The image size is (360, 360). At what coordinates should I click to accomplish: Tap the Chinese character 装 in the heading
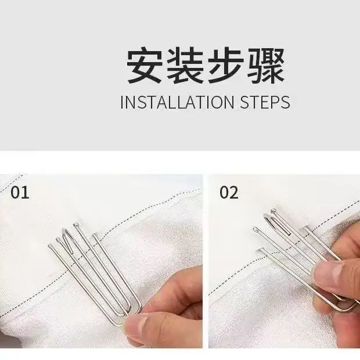click(x=185, y=65)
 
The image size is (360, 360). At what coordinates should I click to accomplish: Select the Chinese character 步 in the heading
click(x=226, y=65)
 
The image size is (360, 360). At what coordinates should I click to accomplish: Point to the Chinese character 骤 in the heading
click(x=267, y=65)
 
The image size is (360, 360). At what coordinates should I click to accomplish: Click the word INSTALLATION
click(x=177, y=102)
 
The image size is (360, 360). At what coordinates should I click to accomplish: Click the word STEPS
click(x=265, y=102)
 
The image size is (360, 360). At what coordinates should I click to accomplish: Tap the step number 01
click(x=20, y=192)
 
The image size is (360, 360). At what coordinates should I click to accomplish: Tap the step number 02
click(x=229, y=192)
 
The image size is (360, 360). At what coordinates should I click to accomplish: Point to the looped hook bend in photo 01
click(x=66, y=232)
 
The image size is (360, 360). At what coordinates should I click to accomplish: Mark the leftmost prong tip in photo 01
click(x=51, y=246)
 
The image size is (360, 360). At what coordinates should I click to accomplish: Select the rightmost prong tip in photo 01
click(x=95, y=235)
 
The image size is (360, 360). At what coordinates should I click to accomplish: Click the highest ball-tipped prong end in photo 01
click(x=76, y=225)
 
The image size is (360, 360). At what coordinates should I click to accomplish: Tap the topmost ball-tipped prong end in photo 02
click(x=273, y=211)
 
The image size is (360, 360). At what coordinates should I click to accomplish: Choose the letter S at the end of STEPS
click(x=285, y=102)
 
